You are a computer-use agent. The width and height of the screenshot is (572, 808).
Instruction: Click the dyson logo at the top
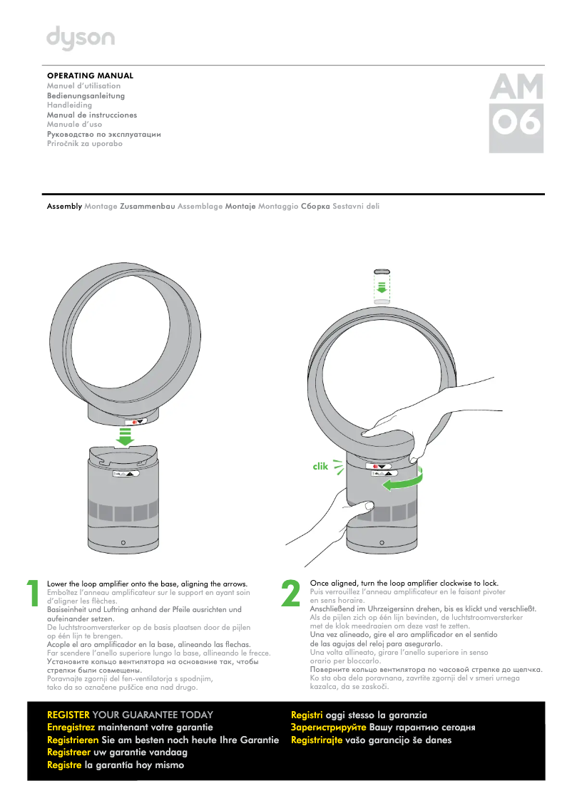click(x=80, y=40)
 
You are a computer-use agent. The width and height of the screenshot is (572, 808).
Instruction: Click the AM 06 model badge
click(x=516, y=113)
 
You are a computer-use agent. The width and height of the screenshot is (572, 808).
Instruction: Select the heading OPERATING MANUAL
click(x=90, y=76)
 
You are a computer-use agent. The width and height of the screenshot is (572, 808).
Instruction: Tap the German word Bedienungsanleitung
click(x=86, y=95)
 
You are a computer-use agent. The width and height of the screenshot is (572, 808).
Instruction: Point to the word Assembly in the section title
click(x=64, y=206)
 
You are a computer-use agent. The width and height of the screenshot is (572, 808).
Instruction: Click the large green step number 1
click(x=33, y=594)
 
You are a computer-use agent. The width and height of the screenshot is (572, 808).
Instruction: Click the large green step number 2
click(x=291, y=594)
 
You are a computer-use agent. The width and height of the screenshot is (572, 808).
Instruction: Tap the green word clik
click(x=320, y=467)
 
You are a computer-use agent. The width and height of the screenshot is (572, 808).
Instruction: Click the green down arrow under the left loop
click(x=126, y=437)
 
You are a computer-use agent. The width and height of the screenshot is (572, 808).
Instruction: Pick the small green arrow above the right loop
click(x=382, y=287)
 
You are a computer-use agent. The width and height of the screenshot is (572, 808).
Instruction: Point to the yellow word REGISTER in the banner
click(x=68, y=715)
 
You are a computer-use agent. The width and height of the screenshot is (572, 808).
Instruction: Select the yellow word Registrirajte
click(x=317, y=740)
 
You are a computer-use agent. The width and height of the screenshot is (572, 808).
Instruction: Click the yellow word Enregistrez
click(x=71, y=727)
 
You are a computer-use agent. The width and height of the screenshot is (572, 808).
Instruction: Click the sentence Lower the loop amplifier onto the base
click(x=146, y=583)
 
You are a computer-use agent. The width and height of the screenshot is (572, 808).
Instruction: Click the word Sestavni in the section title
click(x=346, y=206)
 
